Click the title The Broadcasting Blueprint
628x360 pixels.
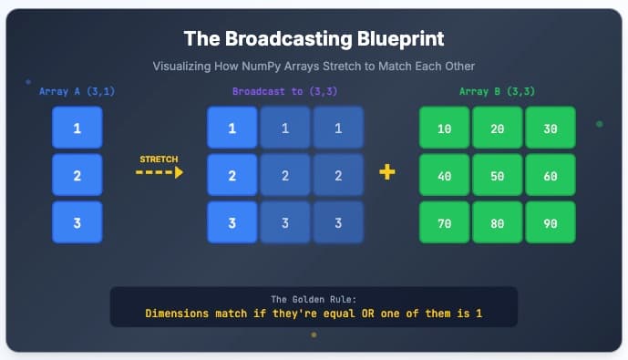(314, 38)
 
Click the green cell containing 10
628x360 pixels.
(444, 129)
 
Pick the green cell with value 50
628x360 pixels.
(498, 175)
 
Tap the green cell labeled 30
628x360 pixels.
(551, 129)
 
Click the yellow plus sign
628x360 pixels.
(387, 172)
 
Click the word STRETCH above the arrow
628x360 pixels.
(159, 159)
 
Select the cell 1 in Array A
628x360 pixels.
(77, 129)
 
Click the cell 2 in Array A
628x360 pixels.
(77, 175)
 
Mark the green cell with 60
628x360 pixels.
(551, 175)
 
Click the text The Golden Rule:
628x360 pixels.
(314, 299)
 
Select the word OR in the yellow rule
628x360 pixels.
(368, 314)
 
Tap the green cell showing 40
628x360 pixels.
(444, 175)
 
